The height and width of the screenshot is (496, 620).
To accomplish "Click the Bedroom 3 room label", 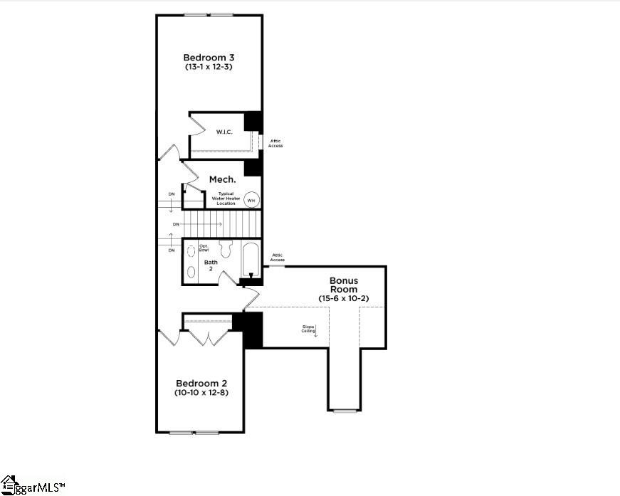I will pyautogui.click(x=208, y=57).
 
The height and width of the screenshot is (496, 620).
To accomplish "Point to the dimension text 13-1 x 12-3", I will pyautogui.click(x=208, y=67).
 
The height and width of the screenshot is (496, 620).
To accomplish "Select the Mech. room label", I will pyautogui.click(x=222, y=179).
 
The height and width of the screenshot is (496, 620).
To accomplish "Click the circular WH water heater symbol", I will pyautogui.click(x=251, y=200).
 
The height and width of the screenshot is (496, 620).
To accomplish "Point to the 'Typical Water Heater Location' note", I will pyautogui.click(x=226, y=199).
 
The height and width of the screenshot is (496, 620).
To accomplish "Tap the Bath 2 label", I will pyautogui.click(x=211, y=265).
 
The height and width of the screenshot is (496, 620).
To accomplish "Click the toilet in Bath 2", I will pyautogui.click(x=226, y=249).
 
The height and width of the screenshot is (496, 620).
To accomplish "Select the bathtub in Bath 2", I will pyautogui.click(x=251, y=260).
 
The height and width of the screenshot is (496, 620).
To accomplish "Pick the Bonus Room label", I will pyautogui.click(x=347, y=285).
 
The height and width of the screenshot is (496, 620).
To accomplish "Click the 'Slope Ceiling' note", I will pyautogui.click(x=308, y=329).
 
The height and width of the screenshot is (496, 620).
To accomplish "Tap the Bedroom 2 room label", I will pyautogui.click(x=201, y=382).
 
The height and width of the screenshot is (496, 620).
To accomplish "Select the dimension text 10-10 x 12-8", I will pyautogui.click(x=201, y=392).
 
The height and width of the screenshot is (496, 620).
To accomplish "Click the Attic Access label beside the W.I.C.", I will pyautogui.click(x=275, y=143).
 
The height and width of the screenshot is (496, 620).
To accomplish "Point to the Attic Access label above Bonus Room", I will pyautogui.click(x=277, y=258).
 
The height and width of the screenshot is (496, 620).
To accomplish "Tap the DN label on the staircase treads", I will pyautogui.click(x=176, y=224).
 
